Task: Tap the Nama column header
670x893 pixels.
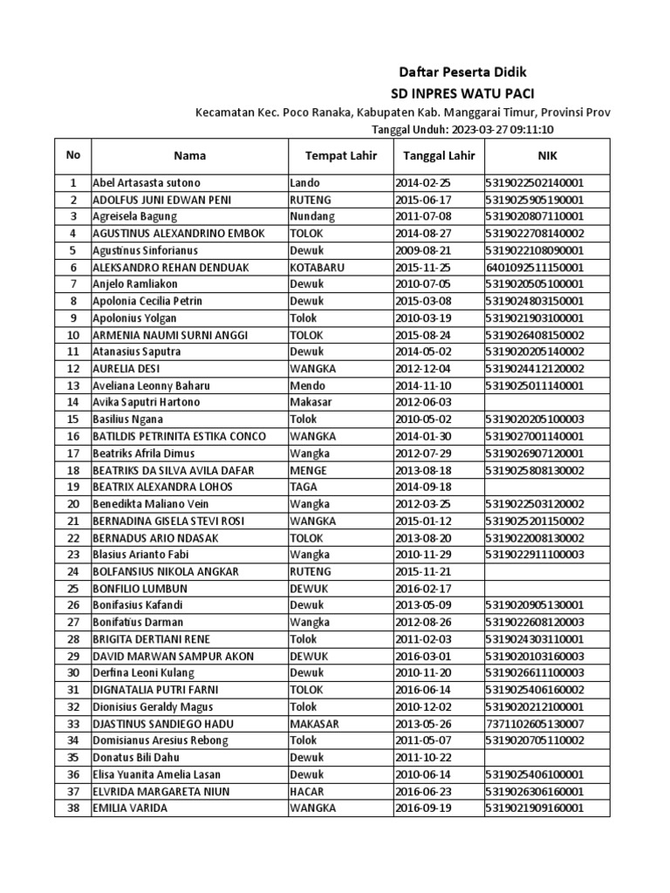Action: [x=189, y=156]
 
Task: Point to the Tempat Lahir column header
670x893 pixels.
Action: [x=339, y=156]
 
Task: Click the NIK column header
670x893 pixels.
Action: [x=546, y=156]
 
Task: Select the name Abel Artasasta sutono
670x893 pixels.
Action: [x=146, y=183]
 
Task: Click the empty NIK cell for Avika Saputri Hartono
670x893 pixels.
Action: [x=546, y=402]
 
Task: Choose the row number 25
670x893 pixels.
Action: [x=73, y=588]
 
